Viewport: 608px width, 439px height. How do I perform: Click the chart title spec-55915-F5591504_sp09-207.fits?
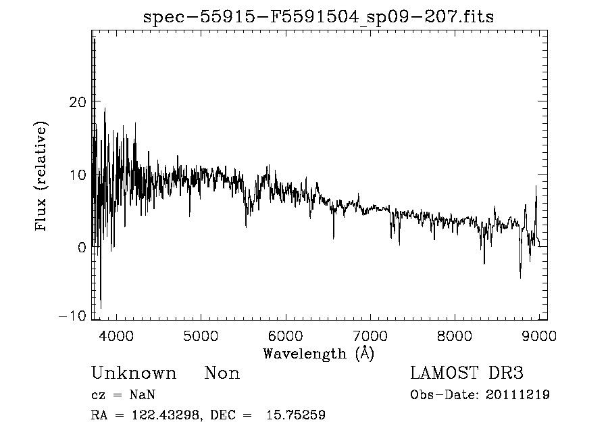318,17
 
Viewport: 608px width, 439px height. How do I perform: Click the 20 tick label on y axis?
78,101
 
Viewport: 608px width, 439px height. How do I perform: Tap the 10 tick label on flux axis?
78,175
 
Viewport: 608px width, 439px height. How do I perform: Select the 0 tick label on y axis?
82,248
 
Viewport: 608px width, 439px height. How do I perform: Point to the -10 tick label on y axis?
74,317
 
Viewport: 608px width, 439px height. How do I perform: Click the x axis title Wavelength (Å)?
318,353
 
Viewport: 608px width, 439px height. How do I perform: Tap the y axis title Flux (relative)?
42,177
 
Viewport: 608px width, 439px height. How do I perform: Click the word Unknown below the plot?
134,373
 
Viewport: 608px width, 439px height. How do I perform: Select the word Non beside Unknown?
222,373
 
